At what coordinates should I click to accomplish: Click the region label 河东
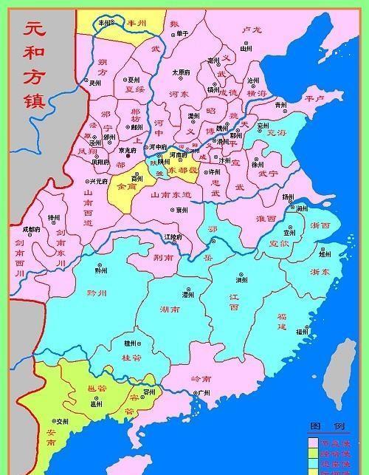180,95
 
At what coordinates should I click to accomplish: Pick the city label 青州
280,105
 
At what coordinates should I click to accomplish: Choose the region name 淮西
266,219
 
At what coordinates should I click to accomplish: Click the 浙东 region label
320,272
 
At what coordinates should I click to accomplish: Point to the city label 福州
302,332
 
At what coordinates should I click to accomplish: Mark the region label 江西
235,302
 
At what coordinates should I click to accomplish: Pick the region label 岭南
200,378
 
